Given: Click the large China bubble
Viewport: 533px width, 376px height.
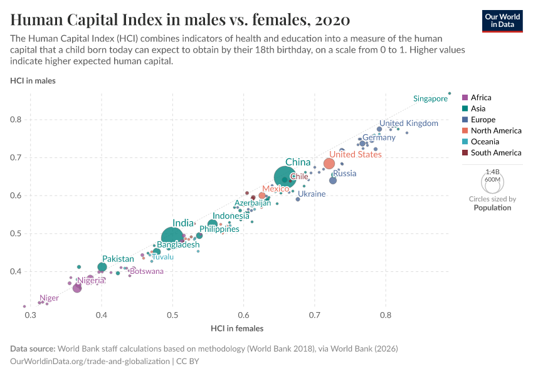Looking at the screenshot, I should tap(285, 178).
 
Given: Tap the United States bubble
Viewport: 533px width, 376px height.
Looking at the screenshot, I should tap(329, 164).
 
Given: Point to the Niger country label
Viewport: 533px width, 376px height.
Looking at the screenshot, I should tap(49, 298).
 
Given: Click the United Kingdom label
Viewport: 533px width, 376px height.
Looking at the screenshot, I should tap(409, 123).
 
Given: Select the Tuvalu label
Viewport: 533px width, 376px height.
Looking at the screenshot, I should tap(163, 257).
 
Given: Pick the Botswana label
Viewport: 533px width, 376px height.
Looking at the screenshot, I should tap(146, 271).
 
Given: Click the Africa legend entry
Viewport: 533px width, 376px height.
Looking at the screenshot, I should tap(481, 98).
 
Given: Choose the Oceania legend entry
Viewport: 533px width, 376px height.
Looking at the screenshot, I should tap(485, 142).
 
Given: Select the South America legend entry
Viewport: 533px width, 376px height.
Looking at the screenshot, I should tap(495, 153).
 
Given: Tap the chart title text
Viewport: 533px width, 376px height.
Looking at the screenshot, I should tap(180, 20).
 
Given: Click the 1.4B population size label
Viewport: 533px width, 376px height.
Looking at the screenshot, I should tap(493, 171).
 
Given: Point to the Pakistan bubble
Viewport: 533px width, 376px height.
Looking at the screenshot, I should tap(102, 268).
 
